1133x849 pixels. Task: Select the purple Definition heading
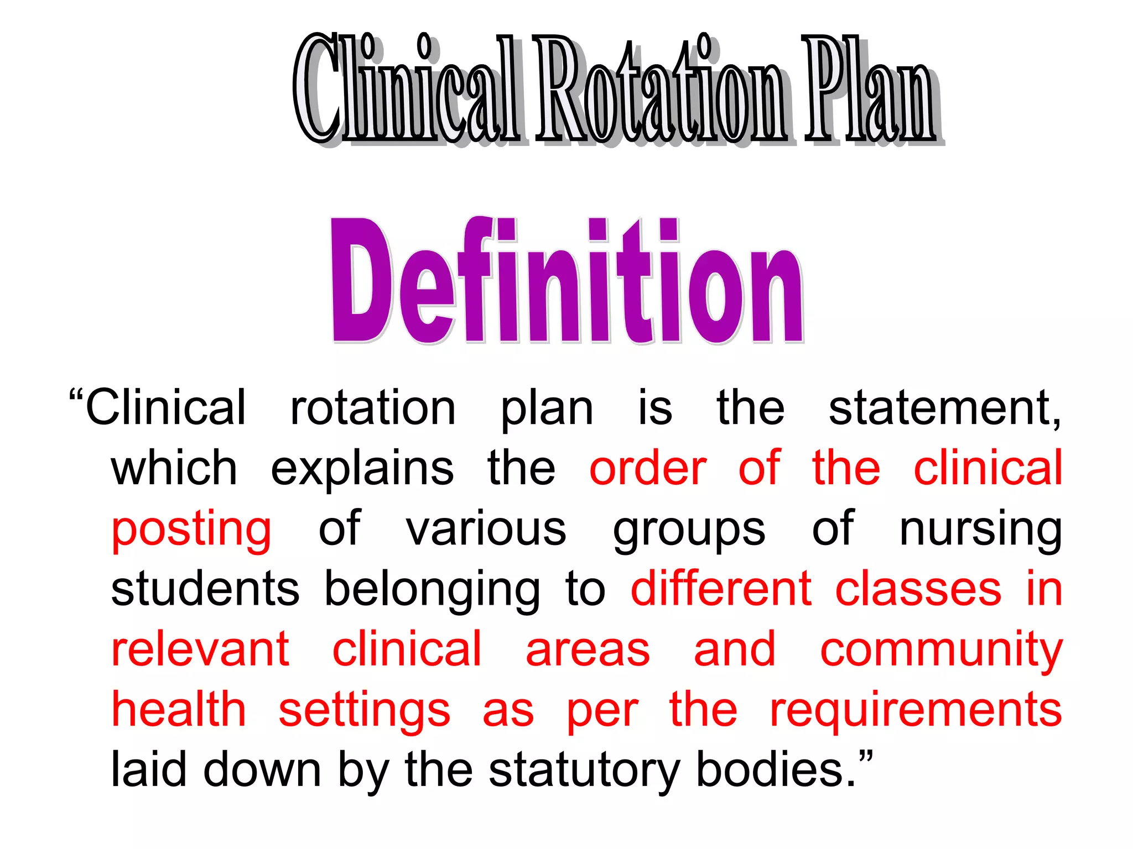(566, 281)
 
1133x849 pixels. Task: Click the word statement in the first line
(944, 408)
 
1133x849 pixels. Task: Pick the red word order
(648, 469)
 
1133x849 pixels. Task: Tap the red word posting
(191, 530)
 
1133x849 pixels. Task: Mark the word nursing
(981, 530)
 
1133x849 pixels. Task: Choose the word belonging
(432, 590)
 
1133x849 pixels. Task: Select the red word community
(941, 651)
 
